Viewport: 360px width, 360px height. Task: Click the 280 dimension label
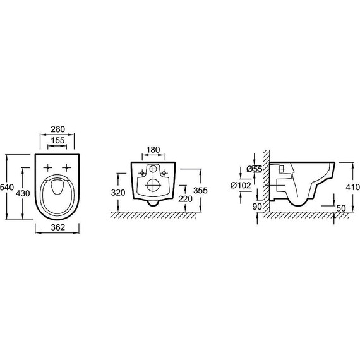58,129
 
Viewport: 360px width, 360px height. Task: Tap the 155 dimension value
57,140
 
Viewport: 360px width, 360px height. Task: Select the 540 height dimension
7,188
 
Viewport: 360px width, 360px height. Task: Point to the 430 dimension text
23,193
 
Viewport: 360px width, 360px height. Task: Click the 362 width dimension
58,227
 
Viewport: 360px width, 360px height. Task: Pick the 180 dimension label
153,150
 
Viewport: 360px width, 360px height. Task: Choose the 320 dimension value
118,193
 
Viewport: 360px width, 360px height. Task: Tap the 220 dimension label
185,199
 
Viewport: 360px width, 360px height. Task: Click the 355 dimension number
200,190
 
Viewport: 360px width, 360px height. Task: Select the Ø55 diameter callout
255,169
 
